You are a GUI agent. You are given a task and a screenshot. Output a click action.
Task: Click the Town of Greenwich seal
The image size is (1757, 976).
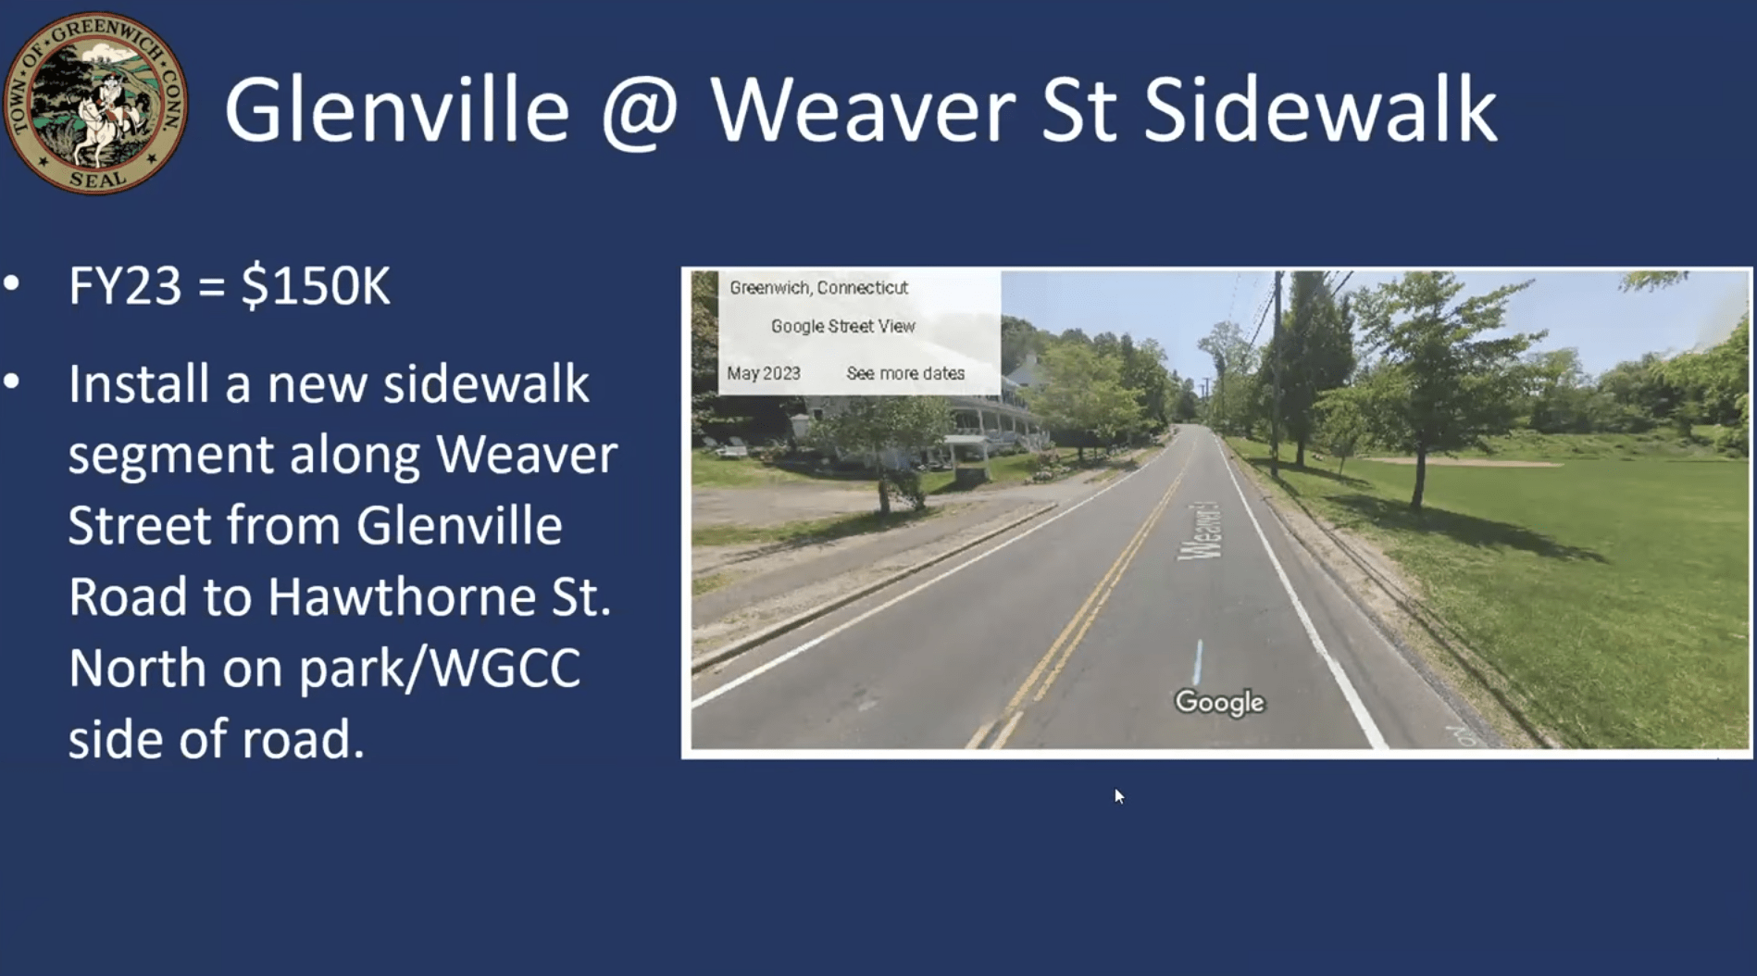click(x=95, y=103)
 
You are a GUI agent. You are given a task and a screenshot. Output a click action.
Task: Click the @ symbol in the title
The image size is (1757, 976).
click(x=641, y=112)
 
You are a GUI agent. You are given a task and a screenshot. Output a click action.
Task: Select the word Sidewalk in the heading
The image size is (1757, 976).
click(x=1320, y=109)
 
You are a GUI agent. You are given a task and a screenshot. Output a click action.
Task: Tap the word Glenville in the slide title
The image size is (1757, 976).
click(x=397, y=109)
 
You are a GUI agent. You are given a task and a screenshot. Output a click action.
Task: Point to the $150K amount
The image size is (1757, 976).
click(x=315, y=285)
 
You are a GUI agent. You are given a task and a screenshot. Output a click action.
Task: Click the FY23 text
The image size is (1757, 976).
click(x=125, y=285)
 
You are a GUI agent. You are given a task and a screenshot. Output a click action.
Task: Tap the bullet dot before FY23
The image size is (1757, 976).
click(x=12, y=283)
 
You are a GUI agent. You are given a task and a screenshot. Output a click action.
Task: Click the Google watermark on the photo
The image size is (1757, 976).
click(x=1219, y=702)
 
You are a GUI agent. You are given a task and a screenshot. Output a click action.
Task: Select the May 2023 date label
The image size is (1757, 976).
click(x=764, y=373)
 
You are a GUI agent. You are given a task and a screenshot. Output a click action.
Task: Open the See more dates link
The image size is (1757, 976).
click(x=905, y=373)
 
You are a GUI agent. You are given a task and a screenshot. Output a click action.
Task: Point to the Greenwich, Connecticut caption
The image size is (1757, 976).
click(x=818, y=288)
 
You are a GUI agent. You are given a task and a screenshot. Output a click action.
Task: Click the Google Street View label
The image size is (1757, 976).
click(x=843, y=326)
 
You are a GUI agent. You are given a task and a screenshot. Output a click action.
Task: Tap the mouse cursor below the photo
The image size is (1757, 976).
click(x=1119, y=796)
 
